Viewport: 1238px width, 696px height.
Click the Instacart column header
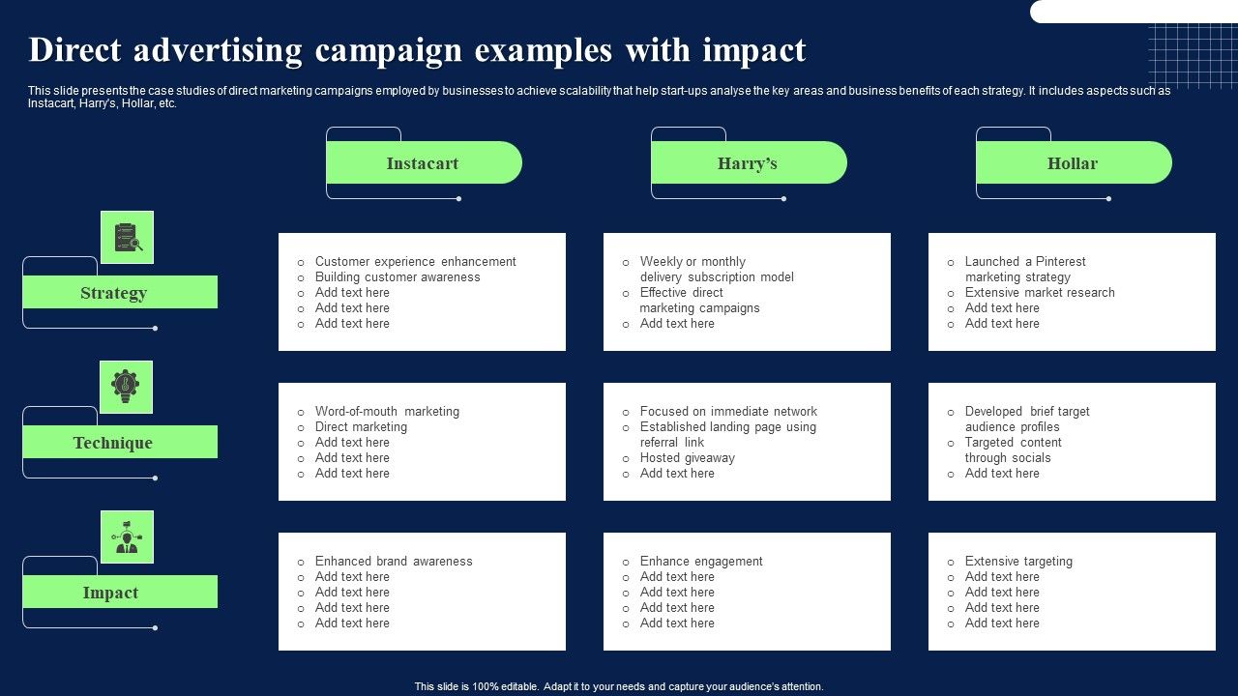[x=423, y=163]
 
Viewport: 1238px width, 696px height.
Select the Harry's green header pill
[x=748, y=163]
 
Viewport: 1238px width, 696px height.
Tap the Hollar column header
[x=1073, y=163]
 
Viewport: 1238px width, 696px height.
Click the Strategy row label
[x=114, y=293]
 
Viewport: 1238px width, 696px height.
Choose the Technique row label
[x=113, y=443]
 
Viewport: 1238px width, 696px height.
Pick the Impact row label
[x=110, y=593]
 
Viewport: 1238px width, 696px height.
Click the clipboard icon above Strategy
[x=127, y=238]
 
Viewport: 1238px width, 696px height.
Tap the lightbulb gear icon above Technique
[x=126, y=387]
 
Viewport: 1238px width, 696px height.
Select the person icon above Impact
[x=127, y=537]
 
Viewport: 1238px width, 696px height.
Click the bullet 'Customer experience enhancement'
[x=415, y=262]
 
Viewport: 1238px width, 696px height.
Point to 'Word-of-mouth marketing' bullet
[x=387, y=412]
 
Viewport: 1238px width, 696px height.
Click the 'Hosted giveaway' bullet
[x=687, y=458]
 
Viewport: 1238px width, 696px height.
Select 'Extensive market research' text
[x=1040, y=293]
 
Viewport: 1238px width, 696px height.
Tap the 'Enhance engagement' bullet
[x=701, y=562]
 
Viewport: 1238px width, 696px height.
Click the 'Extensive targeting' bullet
[x=1018, y=562]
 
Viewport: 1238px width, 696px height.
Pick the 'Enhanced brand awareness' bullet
[x=394, y=562]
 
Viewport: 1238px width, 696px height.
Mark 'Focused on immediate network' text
[x=728, y=412]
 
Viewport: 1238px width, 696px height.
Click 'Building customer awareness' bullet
[x=398, y=277]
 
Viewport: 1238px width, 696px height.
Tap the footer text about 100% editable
[x=619, y=687]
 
